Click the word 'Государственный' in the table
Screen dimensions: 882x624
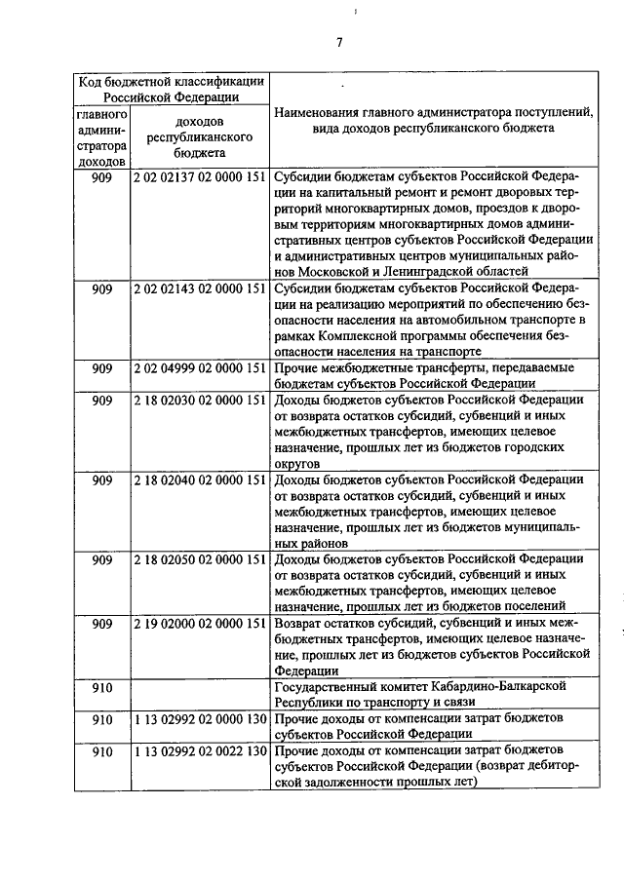(331, 686)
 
